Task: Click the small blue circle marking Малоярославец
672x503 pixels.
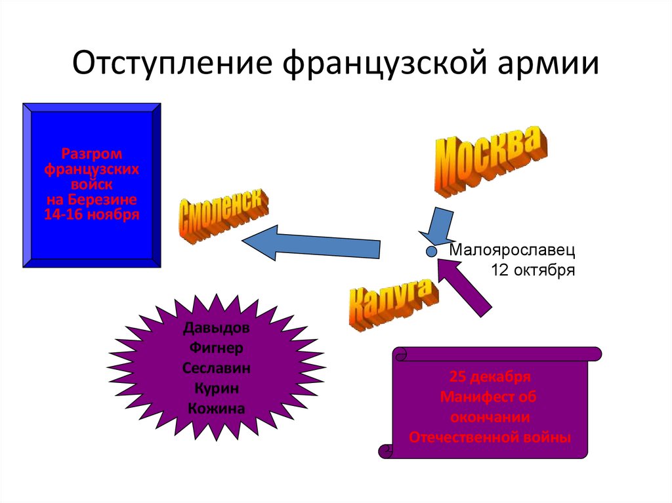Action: pos(431,251)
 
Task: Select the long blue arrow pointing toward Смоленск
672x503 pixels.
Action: pos(311,242)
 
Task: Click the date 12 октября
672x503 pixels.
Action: pos(533,270)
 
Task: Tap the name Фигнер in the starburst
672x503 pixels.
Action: pos(216,348)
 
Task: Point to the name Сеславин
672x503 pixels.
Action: pos(216,368)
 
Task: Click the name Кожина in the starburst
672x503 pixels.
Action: pos(216,409)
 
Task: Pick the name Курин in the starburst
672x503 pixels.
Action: pos(216,388)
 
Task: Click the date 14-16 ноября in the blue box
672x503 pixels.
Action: pos(91,214)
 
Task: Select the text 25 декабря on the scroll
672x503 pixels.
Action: pos(490,377)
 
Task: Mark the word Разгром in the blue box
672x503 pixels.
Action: pos(92,155)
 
